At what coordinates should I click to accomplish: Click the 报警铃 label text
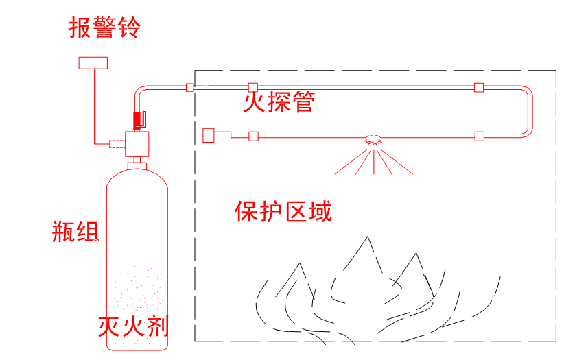(x=104, y=29)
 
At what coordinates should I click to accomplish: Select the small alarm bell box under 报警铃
(x=93, y=62)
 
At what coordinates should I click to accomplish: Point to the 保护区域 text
(x=283, y=212)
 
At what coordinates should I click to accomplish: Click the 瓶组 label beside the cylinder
(x=76, y=232)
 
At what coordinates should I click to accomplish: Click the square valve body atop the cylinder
(x=138, y=143)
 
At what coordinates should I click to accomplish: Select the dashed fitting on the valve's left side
(x=115, y=144)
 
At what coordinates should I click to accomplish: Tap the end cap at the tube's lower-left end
(x=210, y=134)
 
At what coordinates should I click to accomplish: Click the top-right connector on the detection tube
(x=478, y=87)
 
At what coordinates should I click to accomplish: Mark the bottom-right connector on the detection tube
(x=479, y=136)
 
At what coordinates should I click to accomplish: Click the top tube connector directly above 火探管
(x=252, y=87)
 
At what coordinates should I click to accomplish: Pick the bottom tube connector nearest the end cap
(x=252, y=136)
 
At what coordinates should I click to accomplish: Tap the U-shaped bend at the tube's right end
(x=528, y=111)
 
